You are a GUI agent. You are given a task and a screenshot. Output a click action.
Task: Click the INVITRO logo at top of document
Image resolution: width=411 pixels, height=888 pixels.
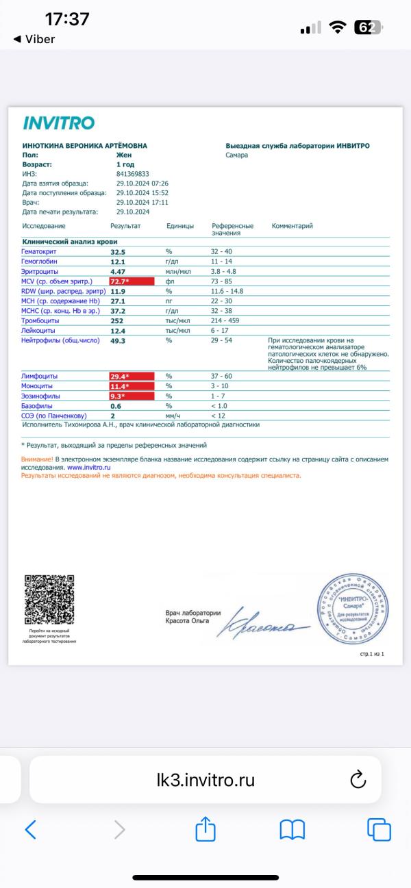coord(58,123)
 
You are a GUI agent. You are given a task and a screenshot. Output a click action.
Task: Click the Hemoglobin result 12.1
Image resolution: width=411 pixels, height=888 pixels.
coord(119,262)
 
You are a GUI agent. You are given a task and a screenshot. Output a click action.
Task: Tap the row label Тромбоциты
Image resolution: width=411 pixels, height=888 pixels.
coord(40,320)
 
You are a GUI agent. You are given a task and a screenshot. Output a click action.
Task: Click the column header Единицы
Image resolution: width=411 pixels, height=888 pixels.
coord(179,226)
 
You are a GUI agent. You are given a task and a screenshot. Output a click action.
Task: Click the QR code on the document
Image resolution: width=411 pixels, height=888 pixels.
coord(49,600)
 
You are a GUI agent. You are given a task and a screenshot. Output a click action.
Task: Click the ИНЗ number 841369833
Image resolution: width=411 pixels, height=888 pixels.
coord(132,174)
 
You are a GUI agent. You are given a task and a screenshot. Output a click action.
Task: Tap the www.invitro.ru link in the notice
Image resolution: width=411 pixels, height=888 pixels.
coord(89,466)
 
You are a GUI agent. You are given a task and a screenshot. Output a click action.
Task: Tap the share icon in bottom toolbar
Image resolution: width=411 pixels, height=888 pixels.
coord(206,830)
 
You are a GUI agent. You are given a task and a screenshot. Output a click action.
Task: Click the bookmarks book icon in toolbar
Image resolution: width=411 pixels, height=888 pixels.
coord(292,830)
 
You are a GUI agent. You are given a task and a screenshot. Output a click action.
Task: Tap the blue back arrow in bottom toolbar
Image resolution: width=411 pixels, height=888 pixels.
coord(30,830)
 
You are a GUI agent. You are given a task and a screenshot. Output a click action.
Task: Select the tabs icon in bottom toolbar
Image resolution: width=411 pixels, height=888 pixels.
coord(379,829)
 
